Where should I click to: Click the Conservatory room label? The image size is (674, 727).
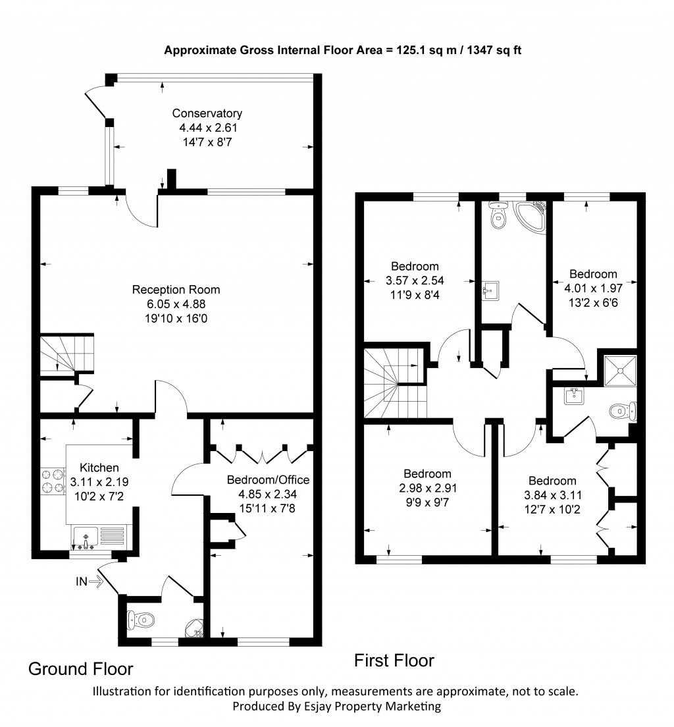coord(207,113)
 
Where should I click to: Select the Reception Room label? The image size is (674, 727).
coord(176,290)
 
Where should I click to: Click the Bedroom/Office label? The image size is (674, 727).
coord(268,479)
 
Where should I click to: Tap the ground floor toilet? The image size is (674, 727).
coord(142,620)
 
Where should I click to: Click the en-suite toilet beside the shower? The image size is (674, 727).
coord(621,412)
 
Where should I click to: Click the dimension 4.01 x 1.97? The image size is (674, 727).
coord(593,287)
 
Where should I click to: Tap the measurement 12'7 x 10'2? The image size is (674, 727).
coord(552,508)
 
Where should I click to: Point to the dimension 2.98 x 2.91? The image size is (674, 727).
coord(427,488)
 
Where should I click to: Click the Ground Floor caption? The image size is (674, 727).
coord(80,669)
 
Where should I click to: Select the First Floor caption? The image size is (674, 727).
coord(394,660)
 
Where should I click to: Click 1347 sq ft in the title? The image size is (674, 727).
coord(494,50)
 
